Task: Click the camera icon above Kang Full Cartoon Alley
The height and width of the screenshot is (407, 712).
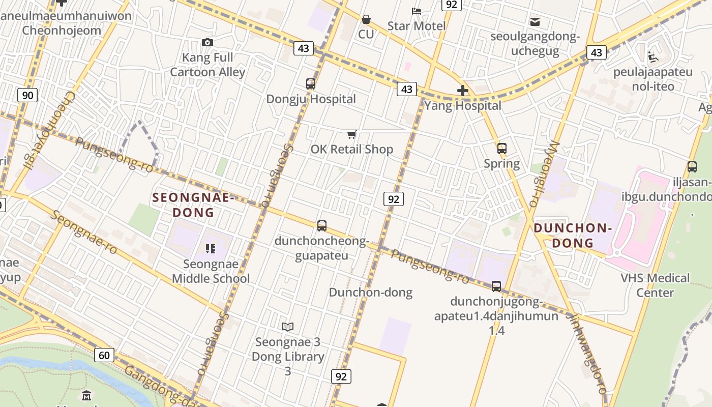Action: pyautogui.click(x=207, y=42)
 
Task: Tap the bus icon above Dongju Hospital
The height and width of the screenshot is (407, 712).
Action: pyautogui.click(x=310, y=84)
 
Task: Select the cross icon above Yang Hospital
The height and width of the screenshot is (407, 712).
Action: pyautogui.click(x=462, y=91)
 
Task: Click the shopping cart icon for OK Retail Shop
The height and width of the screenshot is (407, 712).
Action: pyautogui.click(x=351, y=134)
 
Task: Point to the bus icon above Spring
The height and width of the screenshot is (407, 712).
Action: pyautogui.click(x=502, y=149)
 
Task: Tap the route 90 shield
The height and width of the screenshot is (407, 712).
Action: pyautogui.click(x=27, y=95)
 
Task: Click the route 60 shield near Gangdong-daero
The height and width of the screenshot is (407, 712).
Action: pyautogui.click(x=104, y=355)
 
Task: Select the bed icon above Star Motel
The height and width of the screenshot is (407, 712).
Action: pyautogui.click(x=417, y=11)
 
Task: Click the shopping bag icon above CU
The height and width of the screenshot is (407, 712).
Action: pyautogui.click(x=366, y=19)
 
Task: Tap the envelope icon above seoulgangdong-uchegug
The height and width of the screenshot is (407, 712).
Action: pyautogui.click(x=535, y=21)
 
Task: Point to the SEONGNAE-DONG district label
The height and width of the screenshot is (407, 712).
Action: pyautogui.click(x=193, y=205)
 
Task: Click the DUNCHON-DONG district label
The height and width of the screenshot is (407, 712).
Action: pyautogui.click(x=573, y=235)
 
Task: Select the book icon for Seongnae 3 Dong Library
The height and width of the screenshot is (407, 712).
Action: pyautogui.click(x=288, y=327)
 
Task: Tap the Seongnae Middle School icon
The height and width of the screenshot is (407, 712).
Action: pyautogui.click(x=210, y=249)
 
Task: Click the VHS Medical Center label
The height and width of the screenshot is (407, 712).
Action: pyautogui.click(x=655, y=285)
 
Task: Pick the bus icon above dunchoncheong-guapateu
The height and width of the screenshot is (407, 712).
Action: pyautogui.click(x=321, y=225)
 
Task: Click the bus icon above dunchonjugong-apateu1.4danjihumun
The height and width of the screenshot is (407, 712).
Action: pyautogui.click(x=496, y=286)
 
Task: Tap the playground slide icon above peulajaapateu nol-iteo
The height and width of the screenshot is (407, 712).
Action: pyautogui.click(x=653, y=56)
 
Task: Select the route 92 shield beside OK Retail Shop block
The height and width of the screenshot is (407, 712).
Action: pyautogui.click(x=394, y=199)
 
